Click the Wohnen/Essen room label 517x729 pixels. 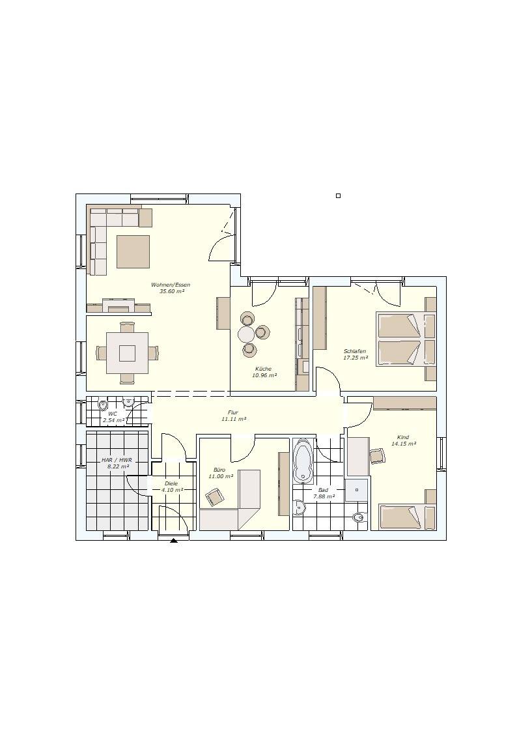coord(171,285)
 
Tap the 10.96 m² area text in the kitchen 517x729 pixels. coord(264,375)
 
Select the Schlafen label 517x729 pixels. coord(355,351)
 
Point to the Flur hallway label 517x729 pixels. coord(232,412)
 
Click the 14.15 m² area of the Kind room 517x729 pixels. coord(403,444)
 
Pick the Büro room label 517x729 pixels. coord(219,470)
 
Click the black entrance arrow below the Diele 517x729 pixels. coord(174,541)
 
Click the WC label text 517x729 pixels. coord(113,413)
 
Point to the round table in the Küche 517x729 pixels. coord(246,334)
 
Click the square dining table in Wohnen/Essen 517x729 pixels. coord(127,353)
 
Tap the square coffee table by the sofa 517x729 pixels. coord(133,251)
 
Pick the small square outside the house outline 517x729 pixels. coord(338,195)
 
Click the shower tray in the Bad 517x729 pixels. coord(357,489)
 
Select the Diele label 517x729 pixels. coord(171,483)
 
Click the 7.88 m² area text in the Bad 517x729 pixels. coord(324,496)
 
